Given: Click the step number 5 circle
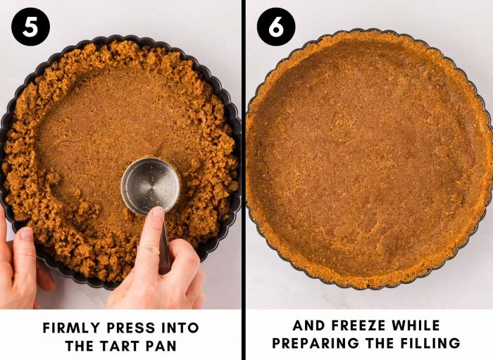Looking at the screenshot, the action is [30, 27].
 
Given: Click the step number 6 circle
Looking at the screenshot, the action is [276, 27].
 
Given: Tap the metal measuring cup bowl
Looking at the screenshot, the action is [150, 186].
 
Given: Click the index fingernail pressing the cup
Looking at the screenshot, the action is [158, 211].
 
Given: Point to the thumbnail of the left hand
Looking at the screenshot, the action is [27, 233].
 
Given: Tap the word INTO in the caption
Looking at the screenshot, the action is [180, 328].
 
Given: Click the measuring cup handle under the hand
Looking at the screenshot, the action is [164, 246].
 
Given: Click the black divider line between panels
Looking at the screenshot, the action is [244, 180].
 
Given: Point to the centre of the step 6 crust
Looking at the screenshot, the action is [370, 159].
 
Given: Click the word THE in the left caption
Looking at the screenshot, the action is [80, 346].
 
